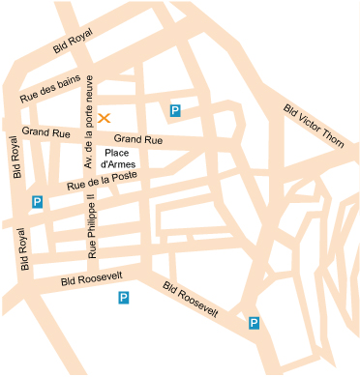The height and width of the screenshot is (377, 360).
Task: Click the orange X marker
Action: (x=105, y=118)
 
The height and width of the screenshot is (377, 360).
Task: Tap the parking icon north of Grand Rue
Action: (x=175, y=112)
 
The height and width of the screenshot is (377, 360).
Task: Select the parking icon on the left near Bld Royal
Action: (x=37, y=202)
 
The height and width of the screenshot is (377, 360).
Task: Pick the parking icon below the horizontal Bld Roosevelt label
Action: (x=124, y=298)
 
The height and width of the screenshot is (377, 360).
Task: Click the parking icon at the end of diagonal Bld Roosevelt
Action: (x=254, y=323)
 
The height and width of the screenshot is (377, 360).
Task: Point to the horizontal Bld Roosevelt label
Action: (x=90, y=278)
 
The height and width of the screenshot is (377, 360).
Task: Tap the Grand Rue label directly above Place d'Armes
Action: (x=138, y=140)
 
